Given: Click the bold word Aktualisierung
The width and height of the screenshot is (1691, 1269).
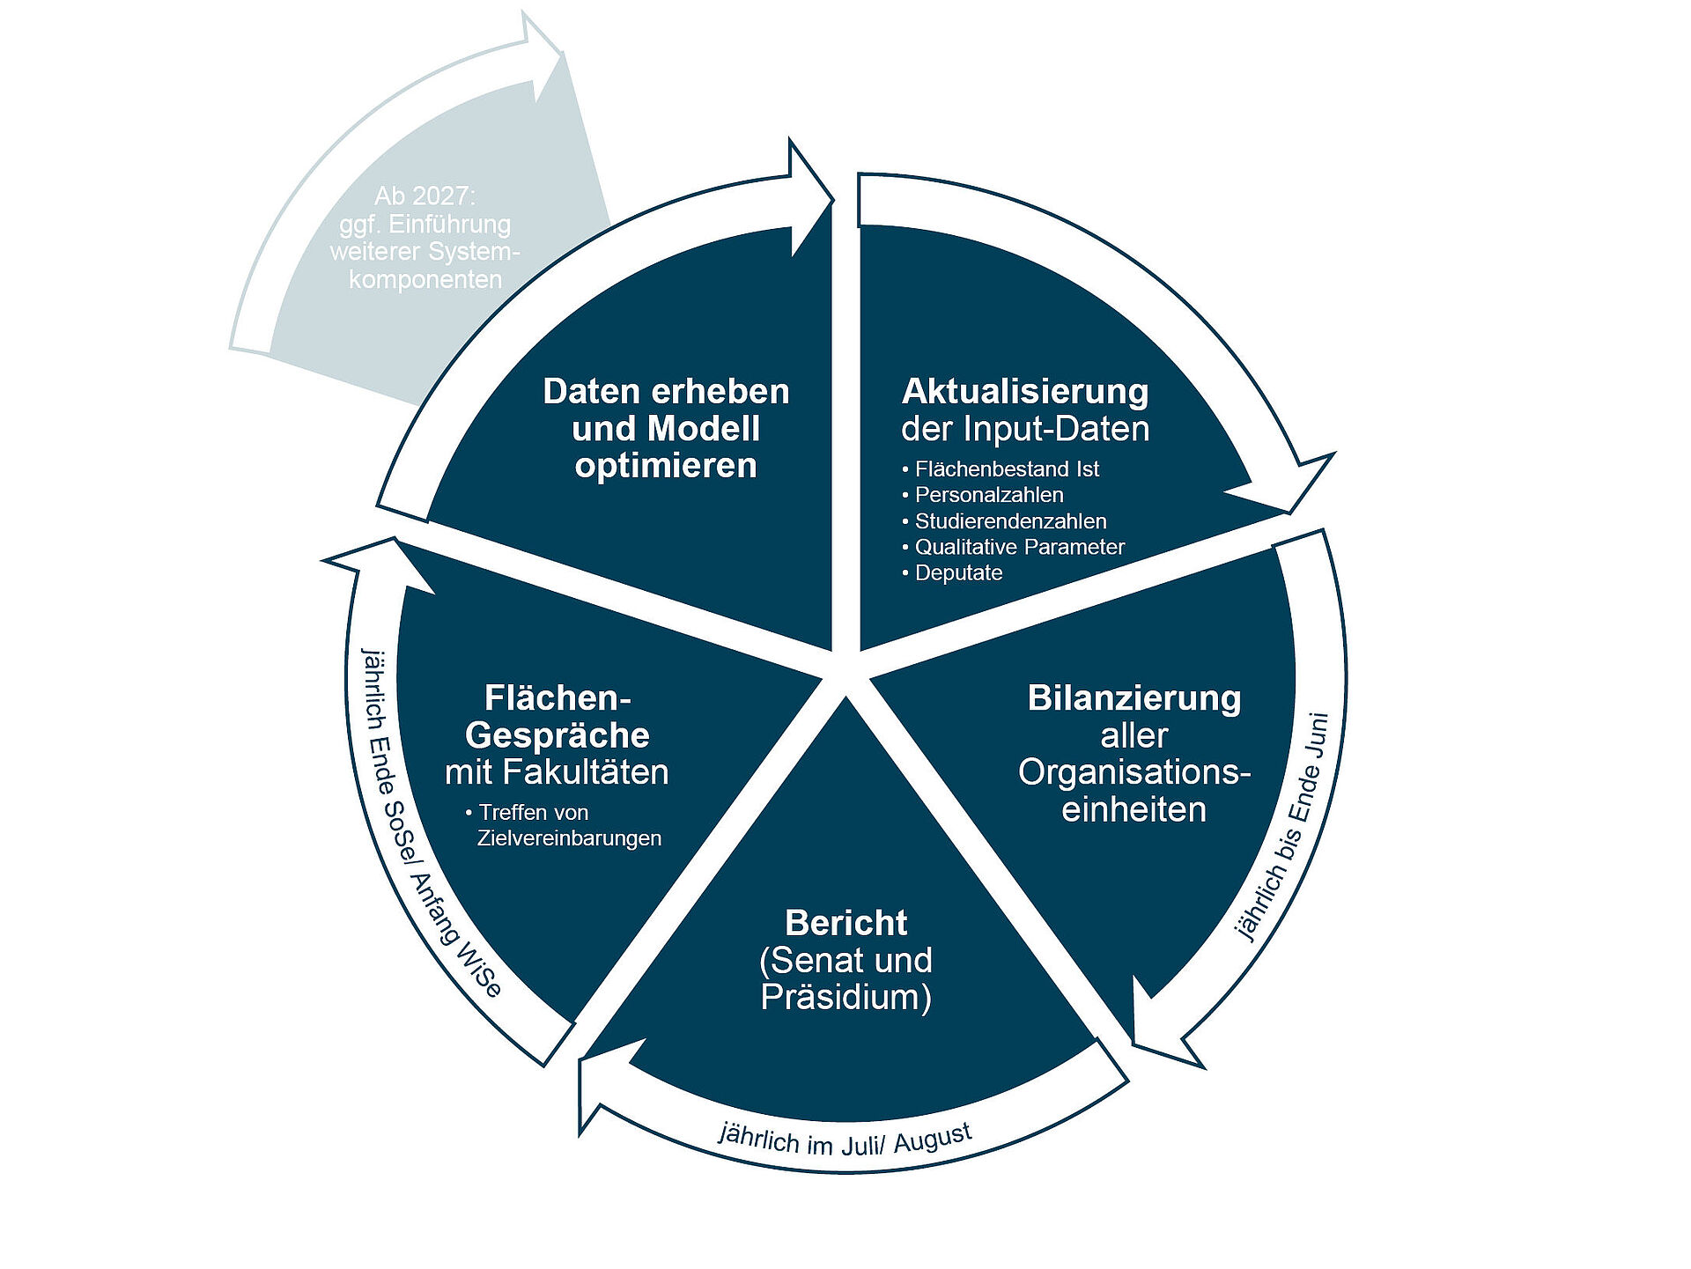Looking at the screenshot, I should (x=1024, y=392).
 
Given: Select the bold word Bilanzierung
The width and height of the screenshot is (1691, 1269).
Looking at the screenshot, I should (x=1134, y=698).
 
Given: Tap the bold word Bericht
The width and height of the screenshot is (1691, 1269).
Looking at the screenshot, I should (x=845, y=923).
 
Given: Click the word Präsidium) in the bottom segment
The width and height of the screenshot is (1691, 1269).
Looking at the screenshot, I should (x=845, y=998).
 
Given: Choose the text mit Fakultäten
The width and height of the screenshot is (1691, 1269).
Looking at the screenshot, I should (x=557, y=772).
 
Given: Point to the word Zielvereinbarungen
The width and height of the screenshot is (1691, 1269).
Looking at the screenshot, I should (x=569, y=838).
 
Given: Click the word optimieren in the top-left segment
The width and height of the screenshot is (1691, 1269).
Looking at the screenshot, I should (x=666, y=466).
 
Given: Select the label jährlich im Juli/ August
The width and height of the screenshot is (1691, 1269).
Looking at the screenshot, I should (x=845, y=1140).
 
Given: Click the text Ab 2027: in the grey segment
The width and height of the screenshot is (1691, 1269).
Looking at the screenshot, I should (x=425, y=196).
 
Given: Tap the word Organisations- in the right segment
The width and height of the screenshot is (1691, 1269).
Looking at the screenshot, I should (x=1134, y=773).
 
